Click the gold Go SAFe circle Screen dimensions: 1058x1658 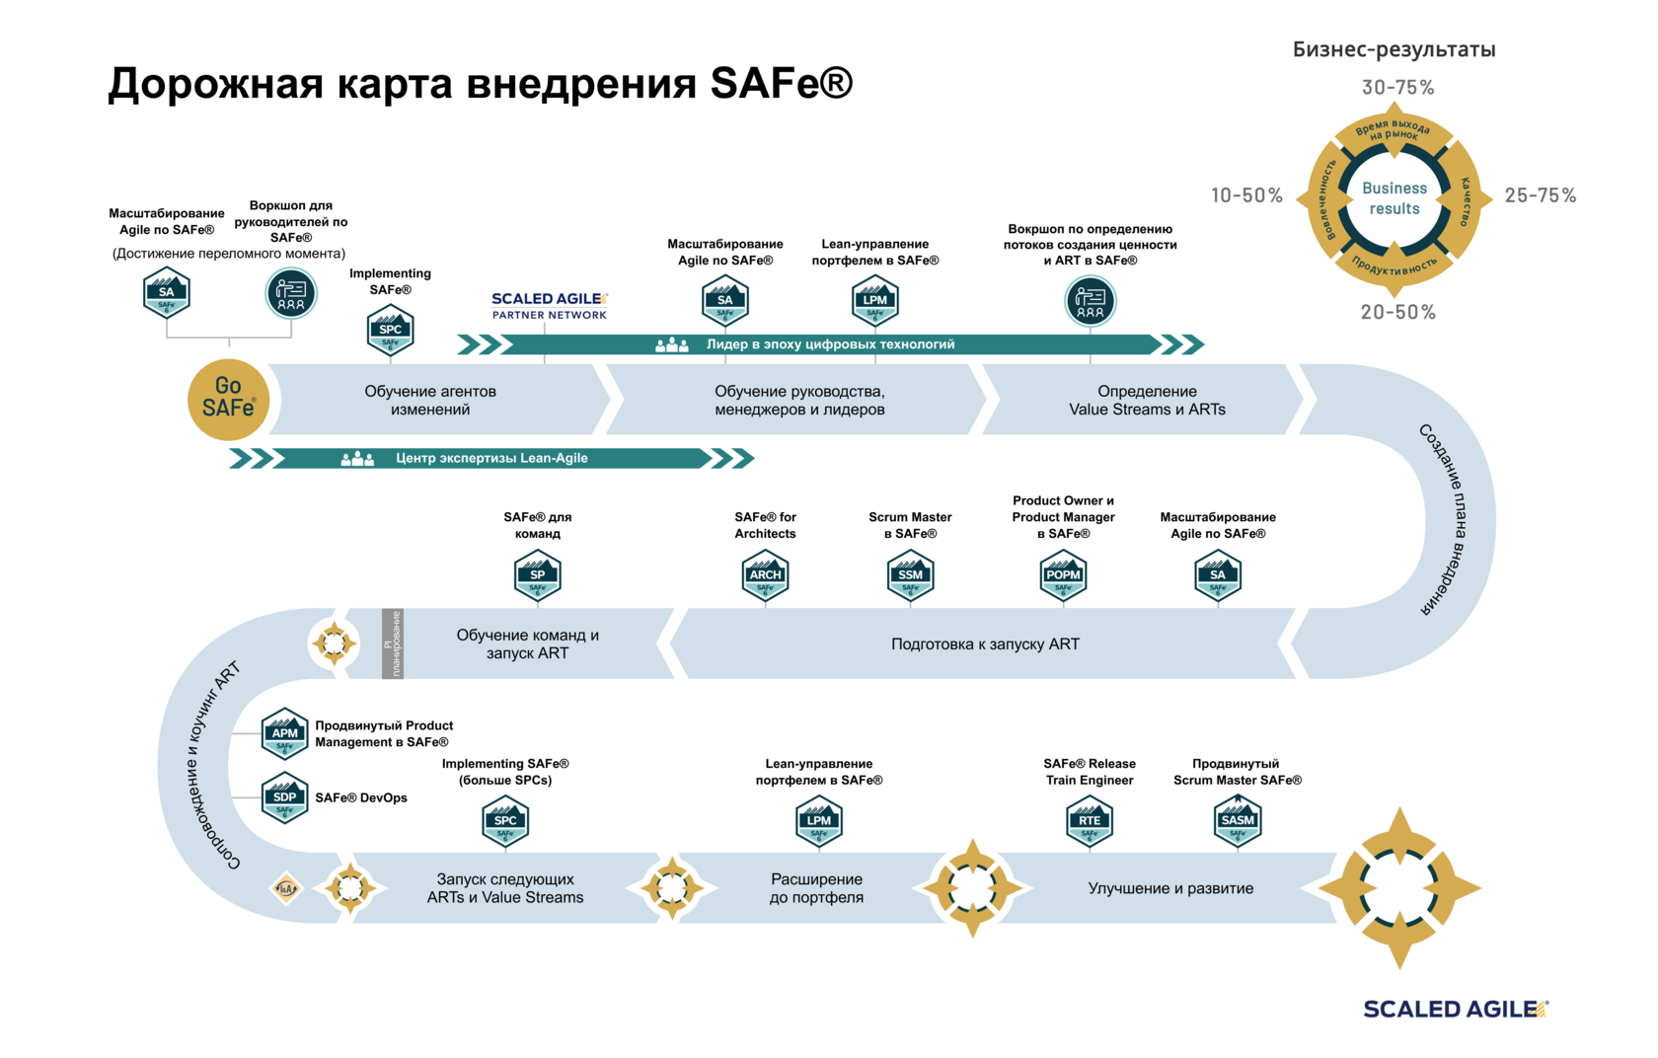tap(228, 399)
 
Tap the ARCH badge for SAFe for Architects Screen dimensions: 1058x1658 tap(765, 575)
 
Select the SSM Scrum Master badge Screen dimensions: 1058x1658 tap(910, 575)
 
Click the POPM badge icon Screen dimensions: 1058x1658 tap(1063, 575)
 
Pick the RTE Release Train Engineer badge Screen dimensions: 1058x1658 tap(1090, 821)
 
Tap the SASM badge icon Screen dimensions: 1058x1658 tap(1238, 821)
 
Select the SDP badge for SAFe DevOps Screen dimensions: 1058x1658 tap(285, 797)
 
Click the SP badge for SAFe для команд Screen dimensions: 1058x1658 tap(538, 575)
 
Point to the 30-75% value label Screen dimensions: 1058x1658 tap(1397, 88)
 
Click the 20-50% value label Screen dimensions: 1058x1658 tap(1397, 313)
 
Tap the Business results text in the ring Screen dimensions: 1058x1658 tap(1394, 198)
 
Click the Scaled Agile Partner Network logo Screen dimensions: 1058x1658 tap(550, 306)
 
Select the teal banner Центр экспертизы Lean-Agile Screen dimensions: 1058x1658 tap(491, 458)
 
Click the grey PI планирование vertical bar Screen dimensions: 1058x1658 tap(393, 643)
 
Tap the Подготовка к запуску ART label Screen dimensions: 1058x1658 tap(985, 644)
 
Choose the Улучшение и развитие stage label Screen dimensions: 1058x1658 tap(1170, 888)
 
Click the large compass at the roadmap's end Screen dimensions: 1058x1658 tap(1399, 887)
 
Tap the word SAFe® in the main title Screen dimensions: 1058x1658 tap(781, 84)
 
